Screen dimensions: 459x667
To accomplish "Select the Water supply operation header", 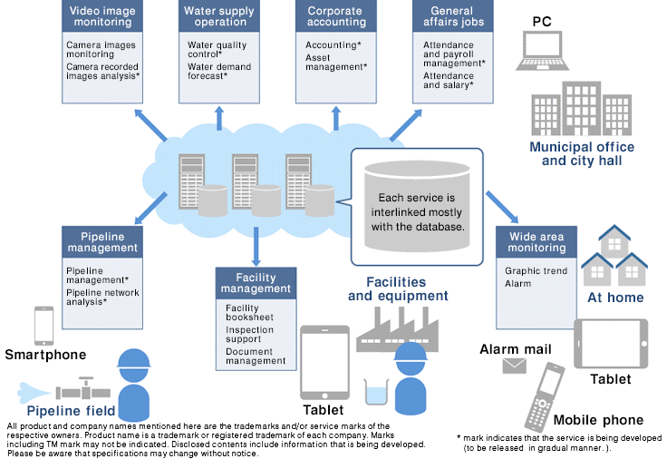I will click(219, 17).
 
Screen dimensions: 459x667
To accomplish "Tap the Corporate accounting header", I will click(336, 17).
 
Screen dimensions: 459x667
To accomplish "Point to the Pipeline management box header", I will click(101, 243).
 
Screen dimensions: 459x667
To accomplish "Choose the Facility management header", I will click(256, 282).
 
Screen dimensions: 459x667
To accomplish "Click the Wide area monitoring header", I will click(536, 242).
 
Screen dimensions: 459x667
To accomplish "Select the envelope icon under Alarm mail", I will click(515, 365).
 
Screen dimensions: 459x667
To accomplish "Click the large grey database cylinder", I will click(418, 204).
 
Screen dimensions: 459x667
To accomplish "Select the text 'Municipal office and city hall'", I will click(581, 153).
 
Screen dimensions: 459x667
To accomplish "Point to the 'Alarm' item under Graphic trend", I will click(517, 283).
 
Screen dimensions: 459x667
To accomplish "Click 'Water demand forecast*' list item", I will click(219, 72).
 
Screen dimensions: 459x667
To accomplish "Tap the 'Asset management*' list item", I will click(335, 61).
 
